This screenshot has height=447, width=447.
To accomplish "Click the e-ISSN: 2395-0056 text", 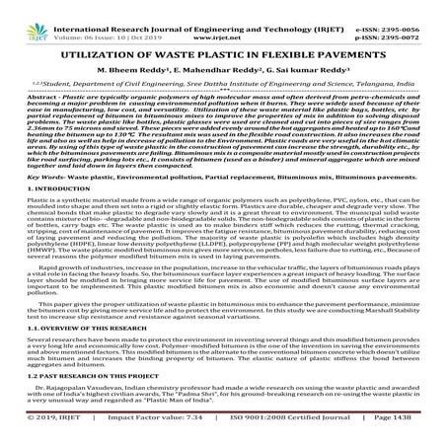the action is point(388,9).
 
